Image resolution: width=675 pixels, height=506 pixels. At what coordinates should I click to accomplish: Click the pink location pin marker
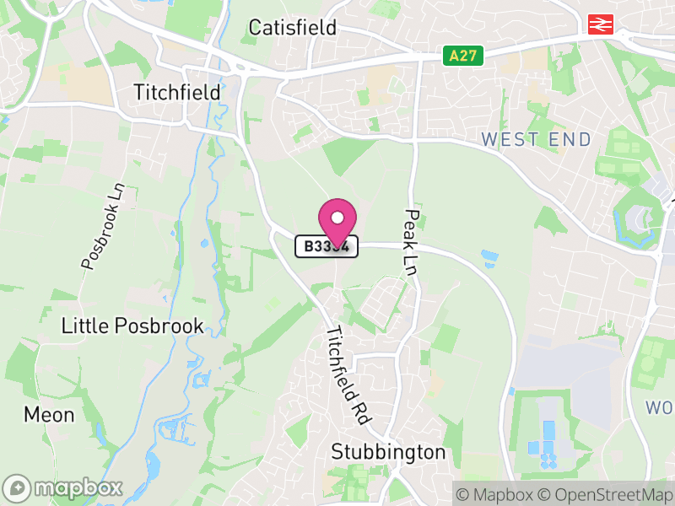pos(337,222)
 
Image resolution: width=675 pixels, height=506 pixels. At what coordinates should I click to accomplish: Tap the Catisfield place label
pos(292,28)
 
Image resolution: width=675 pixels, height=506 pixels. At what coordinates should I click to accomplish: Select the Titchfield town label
pos(177,92)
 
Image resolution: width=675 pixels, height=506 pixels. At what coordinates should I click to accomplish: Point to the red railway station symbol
pos(601,25)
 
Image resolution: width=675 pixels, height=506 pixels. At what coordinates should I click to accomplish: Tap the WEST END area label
pos(536,140)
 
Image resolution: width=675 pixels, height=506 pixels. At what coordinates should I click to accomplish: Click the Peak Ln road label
pos(411,241)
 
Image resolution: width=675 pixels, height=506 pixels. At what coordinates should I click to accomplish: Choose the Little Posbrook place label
pos(132,326)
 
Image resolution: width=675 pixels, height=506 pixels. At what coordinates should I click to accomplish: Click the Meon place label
pos(49,415)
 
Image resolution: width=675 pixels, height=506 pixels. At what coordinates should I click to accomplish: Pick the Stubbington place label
pos(388,452)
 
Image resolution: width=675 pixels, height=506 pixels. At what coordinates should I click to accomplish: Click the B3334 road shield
pos(327,247)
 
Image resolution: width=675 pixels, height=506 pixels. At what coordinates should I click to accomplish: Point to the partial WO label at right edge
pos(660,408)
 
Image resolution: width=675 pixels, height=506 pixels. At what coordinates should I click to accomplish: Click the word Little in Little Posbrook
pos(84,326)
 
